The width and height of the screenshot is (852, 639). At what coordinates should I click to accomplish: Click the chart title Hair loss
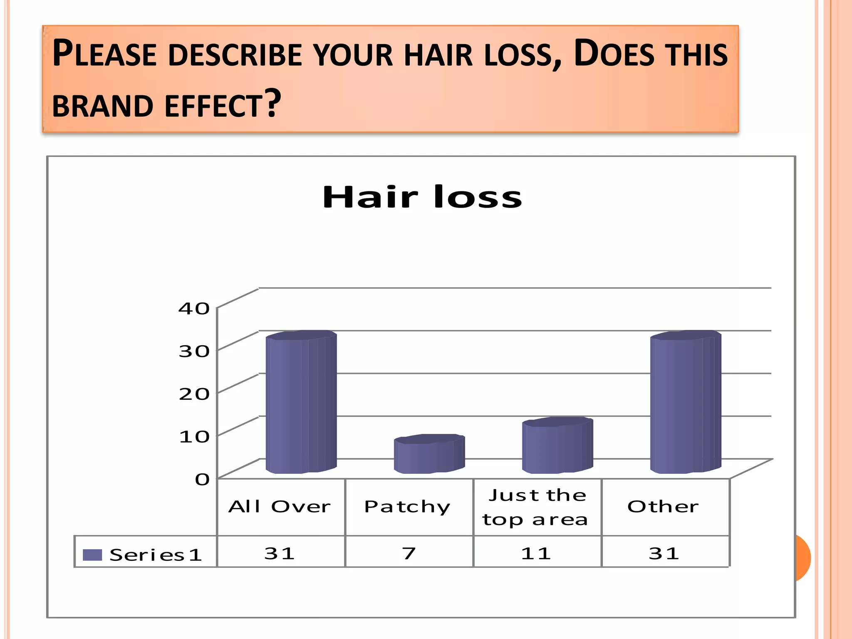coord(422,197)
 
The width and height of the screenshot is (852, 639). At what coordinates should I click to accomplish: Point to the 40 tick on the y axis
coord(194,309)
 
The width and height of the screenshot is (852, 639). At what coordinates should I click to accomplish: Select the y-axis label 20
coord(194,394)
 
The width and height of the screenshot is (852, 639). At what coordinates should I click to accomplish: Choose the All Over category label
coord(280,507)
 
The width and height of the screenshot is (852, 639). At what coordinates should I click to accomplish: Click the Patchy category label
coord(407,507)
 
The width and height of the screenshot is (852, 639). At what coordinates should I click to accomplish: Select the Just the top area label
coord(535,507)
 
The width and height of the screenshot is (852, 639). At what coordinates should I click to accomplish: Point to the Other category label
coord(663,507)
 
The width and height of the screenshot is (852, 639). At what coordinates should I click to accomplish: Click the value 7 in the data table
coord(409,553)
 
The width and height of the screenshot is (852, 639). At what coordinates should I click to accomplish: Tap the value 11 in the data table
coord(536,553)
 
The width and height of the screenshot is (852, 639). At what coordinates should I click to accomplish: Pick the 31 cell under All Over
coord(280,553)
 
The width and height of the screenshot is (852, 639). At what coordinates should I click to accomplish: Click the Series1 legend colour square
coord(92,555)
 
